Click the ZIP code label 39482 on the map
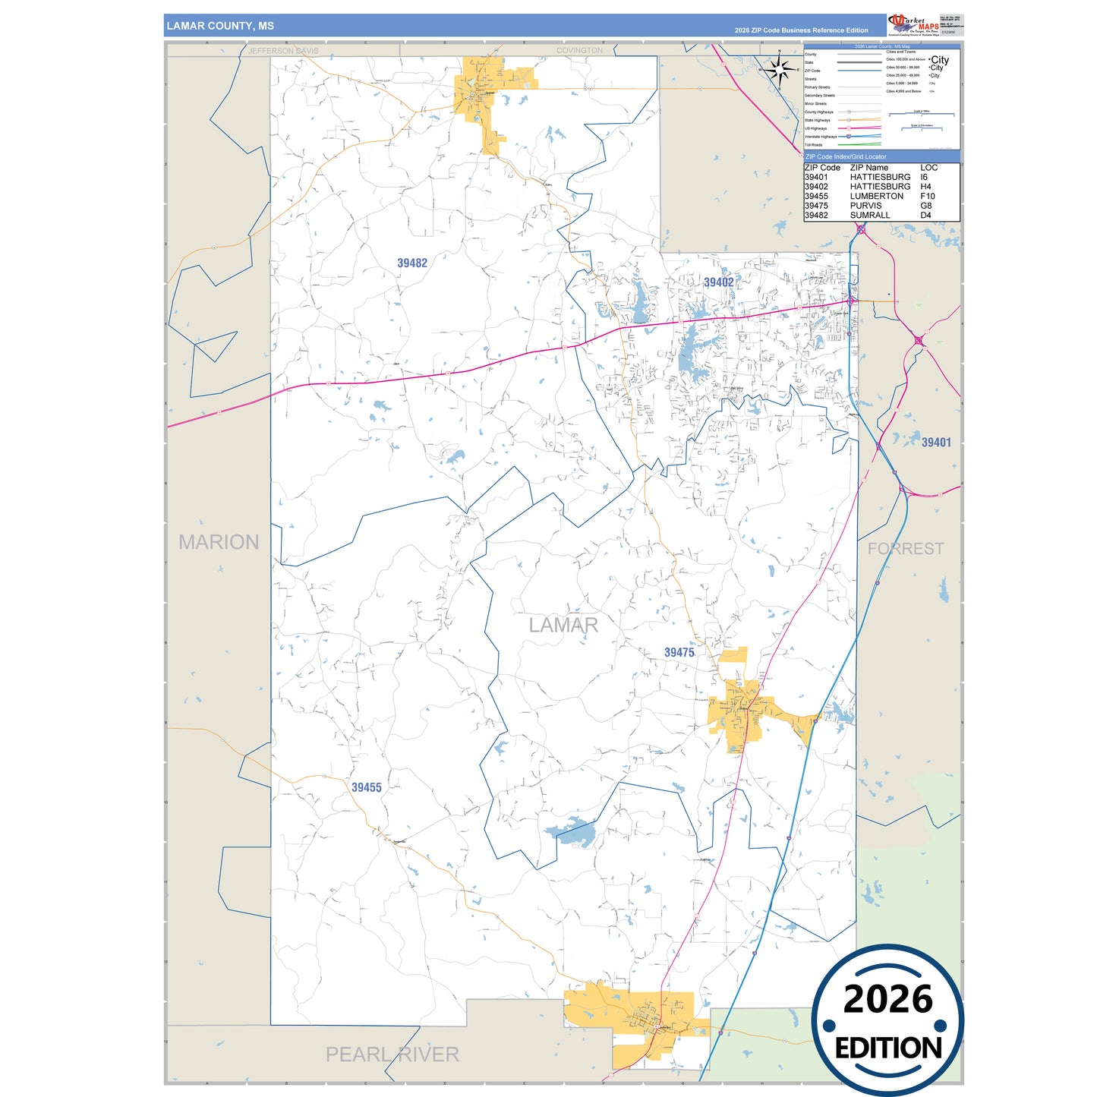tap(412, 263)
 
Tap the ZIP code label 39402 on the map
tap(718, 282)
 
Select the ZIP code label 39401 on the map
tap(935, 442)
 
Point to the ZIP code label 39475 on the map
tap(679, 652)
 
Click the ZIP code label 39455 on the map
tap(366, 787)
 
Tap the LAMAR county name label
tap(563, 625)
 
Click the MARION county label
tap(219, 541)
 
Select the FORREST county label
tap(906, 548)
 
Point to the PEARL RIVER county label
tap(392, 1054)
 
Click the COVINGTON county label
tap(579, 51)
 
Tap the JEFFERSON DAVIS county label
tap(283, 51)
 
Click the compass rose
tap(779, 70)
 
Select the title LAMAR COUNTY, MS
tap(220, 26)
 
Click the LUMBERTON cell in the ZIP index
tap(876, 196)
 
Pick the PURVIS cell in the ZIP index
tap(865, 206)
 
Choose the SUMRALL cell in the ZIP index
tap(869, 216)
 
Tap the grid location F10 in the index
tap(927, 196)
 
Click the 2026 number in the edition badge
tap(887, 999)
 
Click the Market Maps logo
tap(913, 24)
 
